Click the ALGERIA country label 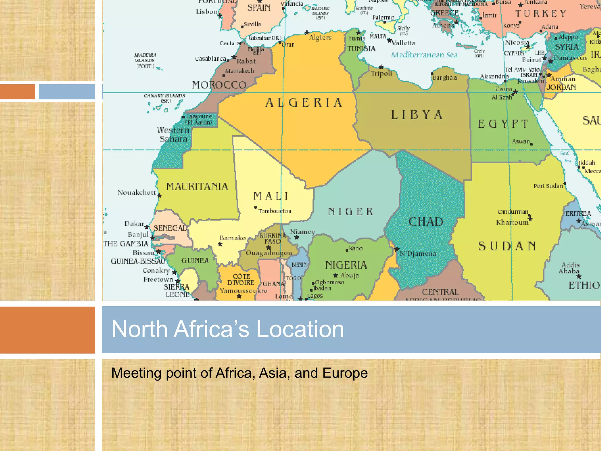[x=304, y=103]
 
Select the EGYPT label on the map [x=503, y=124]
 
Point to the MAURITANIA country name [x=197, y=186]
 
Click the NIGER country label [x=350, y=211]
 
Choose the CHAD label [x=426, y=222]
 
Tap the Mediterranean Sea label [x=424, y=55]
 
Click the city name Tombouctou [x=275, y=211]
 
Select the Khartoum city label [x=512, y=223]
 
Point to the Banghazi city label [x=445, y=78]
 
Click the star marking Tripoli [x=381, y=67]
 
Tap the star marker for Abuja [x=336, y=275]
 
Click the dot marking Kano [x=347, y=250]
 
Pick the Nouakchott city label [x=137, y=193]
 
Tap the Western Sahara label [x=173, y=134]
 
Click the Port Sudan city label [x=548, y=186]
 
